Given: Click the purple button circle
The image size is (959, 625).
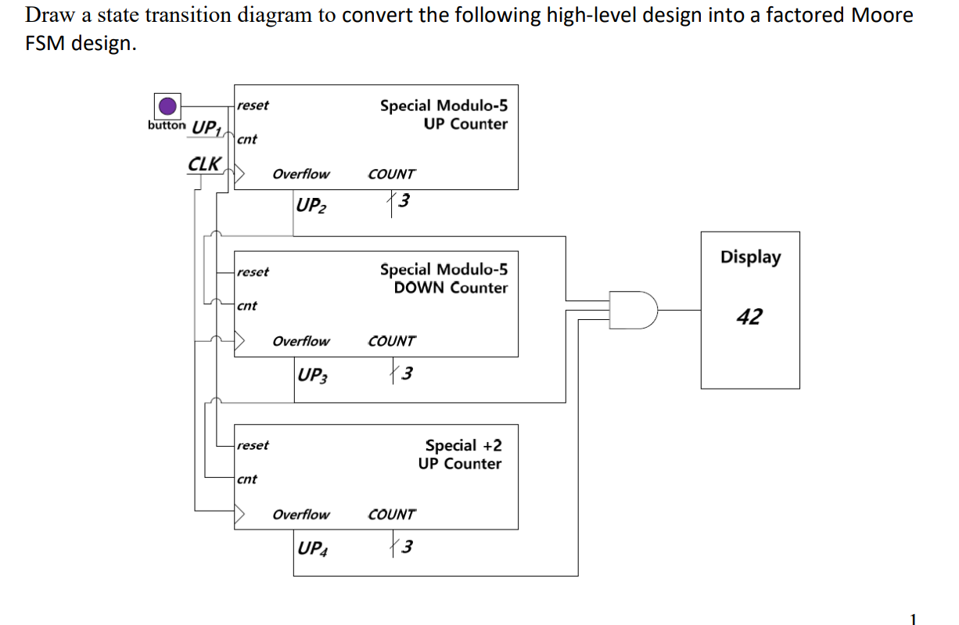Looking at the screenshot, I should [x=167, y=106].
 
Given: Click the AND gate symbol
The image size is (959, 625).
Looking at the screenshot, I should [x=634, y=310].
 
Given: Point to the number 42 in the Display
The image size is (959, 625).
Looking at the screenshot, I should [x=749, y=317].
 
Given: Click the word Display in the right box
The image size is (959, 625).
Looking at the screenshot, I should [x=750, y=257].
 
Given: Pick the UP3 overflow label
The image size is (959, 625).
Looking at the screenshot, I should [x=312, y=375].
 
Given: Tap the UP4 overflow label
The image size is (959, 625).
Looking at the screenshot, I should [x=312, y=548].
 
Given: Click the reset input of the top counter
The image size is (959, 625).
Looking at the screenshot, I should [x=253, y=106].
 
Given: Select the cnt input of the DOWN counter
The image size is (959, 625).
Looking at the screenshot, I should [x=246, y=306].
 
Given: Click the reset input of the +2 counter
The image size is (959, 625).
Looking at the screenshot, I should [x=253, y=445].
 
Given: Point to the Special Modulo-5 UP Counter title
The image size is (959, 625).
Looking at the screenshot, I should [x=444, y=114].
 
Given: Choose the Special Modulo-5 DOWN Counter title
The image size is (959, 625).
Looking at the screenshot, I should [x=444, y=278].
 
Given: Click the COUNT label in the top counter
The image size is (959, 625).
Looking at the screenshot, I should [x=391, y=174].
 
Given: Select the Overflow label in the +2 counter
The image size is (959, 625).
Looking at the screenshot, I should [x=301, y=515].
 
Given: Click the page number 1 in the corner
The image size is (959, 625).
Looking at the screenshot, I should [x=912, y=619].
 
